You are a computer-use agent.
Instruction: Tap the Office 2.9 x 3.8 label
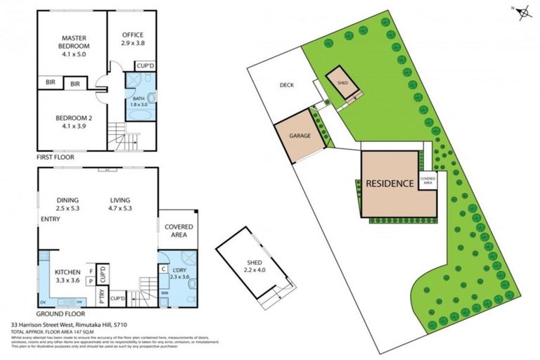(x=133, y=38)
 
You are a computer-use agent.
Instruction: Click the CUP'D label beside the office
(x=146, y=66)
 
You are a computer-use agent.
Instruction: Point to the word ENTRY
(x=50, y=219)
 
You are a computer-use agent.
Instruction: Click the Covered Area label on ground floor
(x=179, y=231)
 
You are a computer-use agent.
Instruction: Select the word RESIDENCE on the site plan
(x=389, y=184)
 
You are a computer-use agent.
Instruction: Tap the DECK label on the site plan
(x=286, y=85)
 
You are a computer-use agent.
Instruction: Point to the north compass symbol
(x=521, y=12)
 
